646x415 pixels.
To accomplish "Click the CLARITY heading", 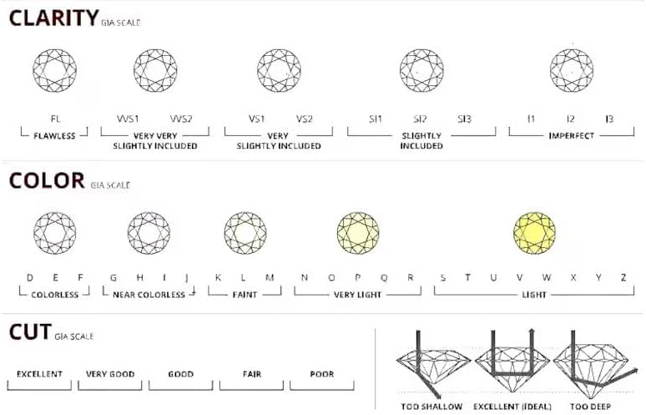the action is coord(53,18).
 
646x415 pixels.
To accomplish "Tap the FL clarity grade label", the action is coord(56,119).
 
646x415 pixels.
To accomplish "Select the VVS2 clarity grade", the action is coord(181,119).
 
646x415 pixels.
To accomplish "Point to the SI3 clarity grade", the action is coord(464,119).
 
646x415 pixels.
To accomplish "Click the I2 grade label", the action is coord(570,119).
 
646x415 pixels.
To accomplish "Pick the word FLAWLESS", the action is coord(54,136).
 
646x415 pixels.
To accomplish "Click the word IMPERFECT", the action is coord(572,136).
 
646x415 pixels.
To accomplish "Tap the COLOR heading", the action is coord(47,180).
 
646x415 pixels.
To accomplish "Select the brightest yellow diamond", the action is coord(534,233).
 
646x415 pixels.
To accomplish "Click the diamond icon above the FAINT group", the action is coord(245,233).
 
